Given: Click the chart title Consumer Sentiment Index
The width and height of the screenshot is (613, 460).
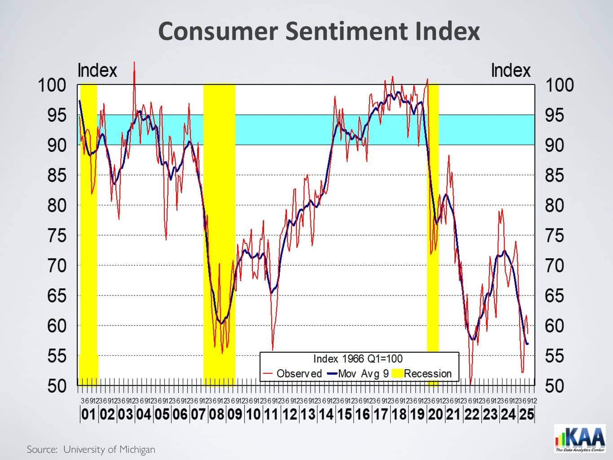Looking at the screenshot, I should click(319, 31).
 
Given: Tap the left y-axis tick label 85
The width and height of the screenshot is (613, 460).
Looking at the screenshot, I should click(57, 175).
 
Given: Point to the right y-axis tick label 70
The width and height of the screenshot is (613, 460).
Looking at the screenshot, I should click(554, 265).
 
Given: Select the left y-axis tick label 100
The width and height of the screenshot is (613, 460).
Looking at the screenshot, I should click(52, 85).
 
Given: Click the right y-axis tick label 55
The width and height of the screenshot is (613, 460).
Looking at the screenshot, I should click(554, 356).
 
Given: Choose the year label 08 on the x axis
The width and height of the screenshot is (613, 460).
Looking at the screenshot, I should click(216, 414).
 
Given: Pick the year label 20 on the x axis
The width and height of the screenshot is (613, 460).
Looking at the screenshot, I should click(435, 414).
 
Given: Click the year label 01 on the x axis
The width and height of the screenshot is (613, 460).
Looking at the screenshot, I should click(88, 414).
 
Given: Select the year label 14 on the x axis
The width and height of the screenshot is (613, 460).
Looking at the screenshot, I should click(326, 414).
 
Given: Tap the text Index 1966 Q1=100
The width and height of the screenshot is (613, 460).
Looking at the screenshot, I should click(358, 359).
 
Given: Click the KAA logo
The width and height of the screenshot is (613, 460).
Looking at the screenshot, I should click(580, 438).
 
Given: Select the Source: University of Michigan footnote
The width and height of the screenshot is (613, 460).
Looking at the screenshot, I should click(91, 449).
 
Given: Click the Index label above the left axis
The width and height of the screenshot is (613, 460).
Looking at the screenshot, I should click(97, 71).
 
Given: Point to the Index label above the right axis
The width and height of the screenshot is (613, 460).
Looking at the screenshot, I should click(511, 71).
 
